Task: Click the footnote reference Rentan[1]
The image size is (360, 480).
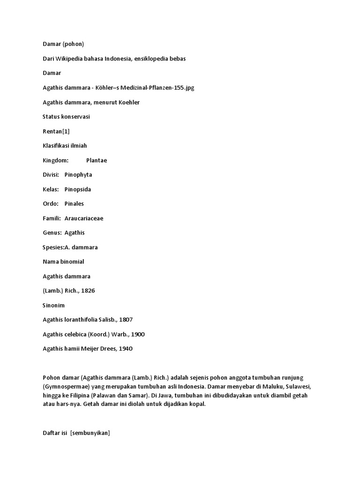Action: pyautogui.click(x=56, y=131)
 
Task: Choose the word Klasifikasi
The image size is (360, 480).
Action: pyautogui.click(x=59, y=146)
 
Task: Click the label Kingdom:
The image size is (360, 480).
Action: pyautogui.click(x=56, y=160)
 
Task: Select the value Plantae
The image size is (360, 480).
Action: pyautogui.click(x=97, y=160)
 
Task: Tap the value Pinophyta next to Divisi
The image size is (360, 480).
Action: pyautogui.click(x=78, y=175)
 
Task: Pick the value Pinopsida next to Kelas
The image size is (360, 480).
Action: pyautogui.click(x=78, y=189)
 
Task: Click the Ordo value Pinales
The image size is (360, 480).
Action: pyautogui.click(x=74, y=204)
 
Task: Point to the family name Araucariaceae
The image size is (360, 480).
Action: pyautogui.click(x=84, y=218)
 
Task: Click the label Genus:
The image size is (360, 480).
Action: pyautogui.click(x=52, y=233)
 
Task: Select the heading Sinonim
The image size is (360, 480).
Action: pyautogui.click(x=54, y=305)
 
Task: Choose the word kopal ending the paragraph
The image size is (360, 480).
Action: pyautogui.click(x=197, y=405)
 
